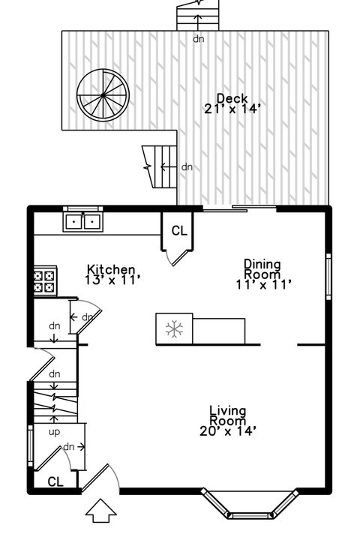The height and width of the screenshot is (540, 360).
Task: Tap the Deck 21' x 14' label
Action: pyautogui.click(x=232, y=103)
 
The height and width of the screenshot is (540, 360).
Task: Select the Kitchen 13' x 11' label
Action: pyautogui.click(x=112, y=274)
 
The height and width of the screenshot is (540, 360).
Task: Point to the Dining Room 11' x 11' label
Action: pyautogui.click(x=262, y=274)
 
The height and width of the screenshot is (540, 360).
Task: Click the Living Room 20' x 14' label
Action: pyautogui.click(x=228, y=420)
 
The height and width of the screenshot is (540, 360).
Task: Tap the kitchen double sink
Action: pyautogui.click(x=83, y=221)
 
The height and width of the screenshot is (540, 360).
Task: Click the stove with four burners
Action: pyautogui.click(x=44, y=280)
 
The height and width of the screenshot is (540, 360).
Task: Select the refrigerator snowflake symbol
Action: pyautogui.click(x=174, y=328)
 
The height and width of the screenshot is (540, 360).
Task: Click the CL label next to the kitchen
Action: pyautogui.click(x=178, y=231)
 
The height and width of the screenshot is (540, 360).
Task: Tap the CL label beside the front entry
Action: pyautogui.click(x=55, y=481)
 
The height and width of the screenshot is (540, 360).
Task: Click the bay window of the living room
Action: pyautogui.click(x=251, y=506)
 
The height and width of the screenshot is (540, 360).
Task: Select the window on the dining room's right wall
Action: pyautogui.click(x=328, y=276)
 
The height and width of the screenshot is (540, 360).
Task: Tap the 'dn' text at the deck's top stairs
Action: pyautogui.click(x=199, y=39)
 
